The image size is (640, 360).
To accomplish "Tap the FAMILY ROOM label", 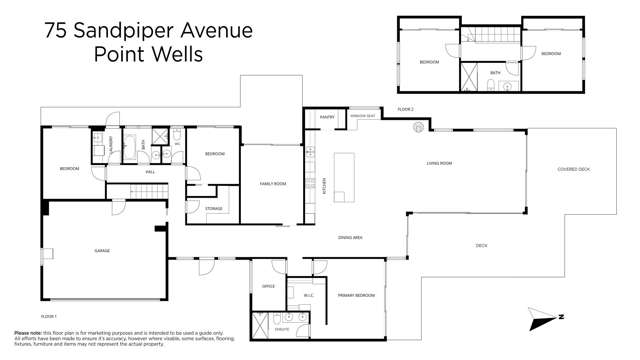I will [x=273, y=184].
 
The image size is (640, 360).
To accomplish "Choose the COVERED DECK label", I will [x=574, y=169].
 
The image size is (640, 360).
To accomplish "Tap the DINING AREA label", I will [x=349, y=237].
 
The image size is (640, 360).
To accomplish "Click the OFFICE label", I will [x=268, y=286].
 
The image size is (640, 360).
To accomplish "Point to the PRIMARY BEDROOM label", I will [x=355, y=296].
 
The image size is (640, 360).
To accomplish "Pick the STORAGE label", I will [x=214, y=208].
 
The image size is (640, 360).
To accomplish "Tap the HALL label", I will [x=150, y=173].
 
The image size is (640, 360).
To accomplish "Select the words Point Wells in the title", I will [x=148, y=54].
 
